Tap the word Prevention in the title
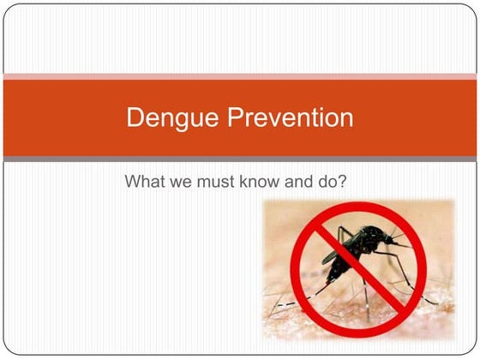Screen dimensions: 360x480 286,117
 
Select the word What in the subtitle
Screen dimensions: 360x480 145,182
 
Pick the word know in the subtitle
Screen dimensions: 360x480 260,182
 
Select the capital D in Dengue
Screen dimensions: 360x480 135,117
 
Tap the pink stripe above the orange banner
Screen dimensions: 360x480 240,78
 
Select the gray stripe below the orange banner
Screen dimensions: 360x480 240,159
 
